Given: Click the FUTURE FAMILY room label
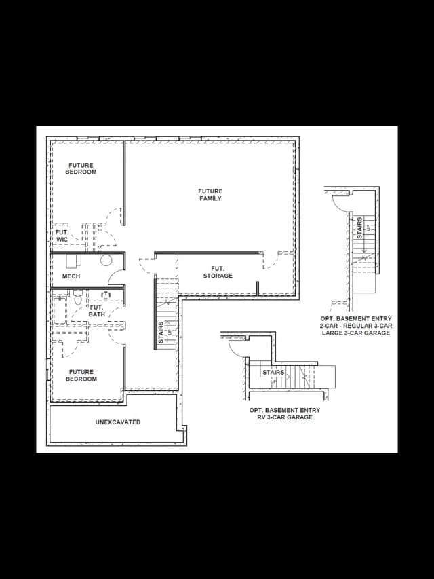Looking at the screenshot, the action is pos(210,195).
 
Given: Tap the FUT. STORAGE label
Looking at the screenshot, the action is pos(218,272).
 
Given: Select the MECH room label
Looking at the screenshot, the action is pos(71,276).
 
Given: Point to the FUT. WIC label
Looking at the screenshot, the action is pos(62,236).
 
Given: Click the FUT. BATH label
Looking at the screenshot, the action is pos(97,311).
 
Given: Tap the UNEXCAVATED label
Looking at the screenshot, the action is pos(118,422).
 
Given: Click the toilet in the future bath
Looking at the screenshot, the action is pos(77,297).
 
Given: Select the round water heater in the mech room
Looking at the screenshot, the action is pos(106,261).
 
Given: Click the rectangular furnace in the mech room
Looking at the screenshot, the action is pos(73,261).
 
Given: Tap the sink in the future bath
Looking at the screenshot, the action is pos(106,295).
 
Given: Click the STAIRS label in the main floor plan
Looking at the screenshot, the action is pos(161,333).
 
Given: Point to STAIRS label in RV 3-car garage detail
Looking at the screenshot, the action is pos(273,372).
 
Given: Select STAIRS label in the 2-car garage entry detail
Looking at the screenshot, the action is pos(359,228).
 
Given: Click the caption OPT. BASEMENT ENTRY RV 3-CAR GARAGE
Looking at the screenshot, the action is pos(285,413).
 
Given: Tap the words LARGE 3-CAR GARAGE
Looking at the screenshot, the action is pos(356,333).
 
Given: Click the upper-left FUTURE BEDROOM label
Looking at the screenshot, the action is pos(81,168).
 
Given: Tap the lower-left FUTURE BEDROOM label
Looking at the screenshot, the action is pos(81,375).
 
